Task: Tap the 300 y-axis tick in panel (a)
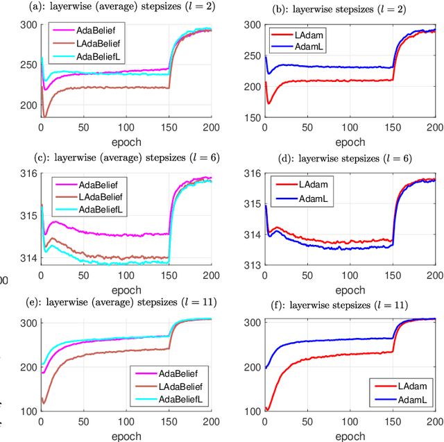[28, 24]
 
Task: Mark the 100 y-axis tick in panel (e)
[28, 411]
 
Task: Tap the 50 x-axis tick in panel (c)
[83, 273]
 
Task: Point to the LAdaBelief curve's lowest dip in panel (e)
[43, 402]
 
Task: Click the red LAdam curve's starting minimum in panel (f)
[267, 410]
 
